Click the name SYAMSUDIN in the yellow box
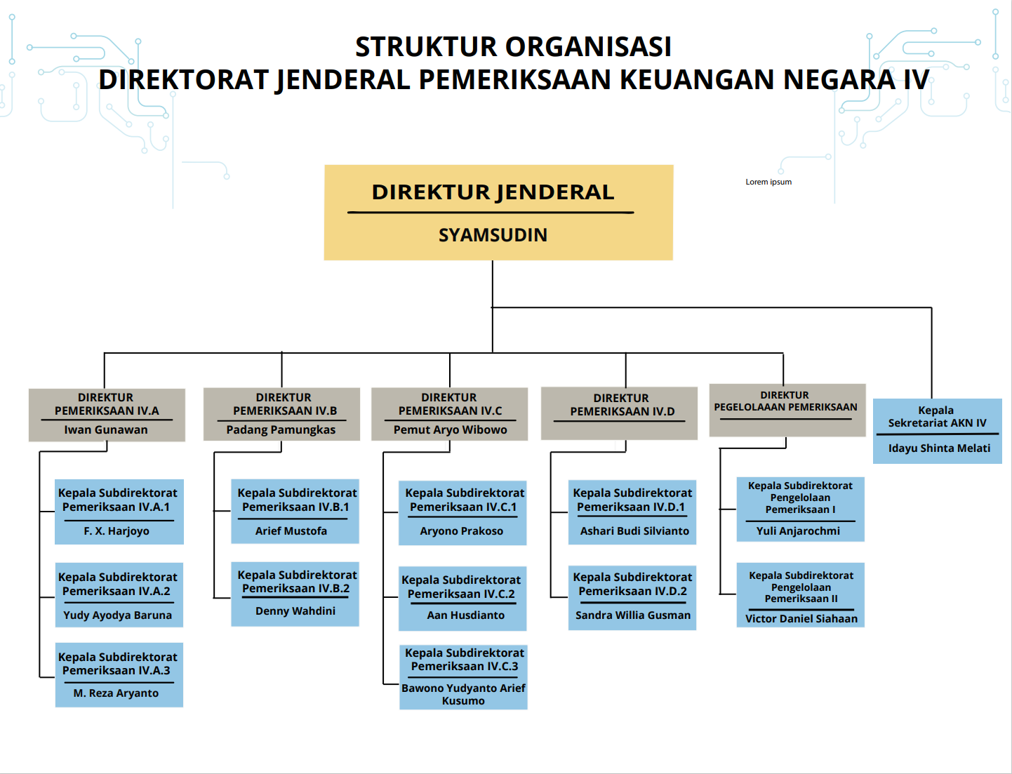pos(493,235)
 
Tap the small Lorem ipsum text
pos(768,182)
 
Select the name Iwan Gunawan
pos(106,429)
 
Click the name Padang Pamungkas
pos(281,429)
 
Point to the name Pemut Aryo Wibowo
pos(450,429)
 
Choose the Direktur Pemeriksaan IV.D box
pos(619,413)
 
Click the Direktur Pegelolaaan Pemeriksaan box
pos(787,410)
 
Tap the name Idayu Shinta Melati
pos(939,448)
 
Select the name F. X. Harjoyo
pos(116,531)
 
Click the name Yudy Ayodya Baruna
pos(118,615)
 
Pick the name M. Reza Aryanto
pos(116,693)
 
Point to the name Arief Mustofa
pos(291,531)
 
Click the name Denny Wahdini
pos(295,610)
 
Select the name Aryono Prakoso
pos(462,531)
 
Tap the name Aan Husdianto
pos(466,615)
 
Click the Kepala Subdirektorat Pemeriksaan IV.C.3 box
pos(463,676)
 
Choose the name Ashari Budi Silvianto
pos(634,531)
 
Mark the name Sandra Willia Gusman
pos(633,615)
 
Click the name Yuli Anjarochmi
pos(798,531)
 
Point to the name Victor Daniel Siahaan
pos(801,619)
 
